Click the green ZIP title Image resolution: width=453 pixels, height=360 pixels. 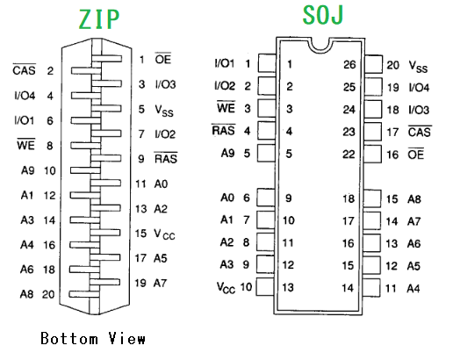tap(99, 19)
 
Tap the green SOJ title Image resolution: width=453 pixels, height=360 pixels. tap(323, 15)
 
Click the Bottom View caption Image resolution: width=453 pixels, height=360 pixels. tap(93, 339)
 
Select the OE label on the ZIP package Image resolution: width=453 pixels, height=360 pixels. tap(163, 59)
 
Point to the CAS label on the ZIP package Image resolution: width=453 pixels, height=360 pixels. tap(25, 69)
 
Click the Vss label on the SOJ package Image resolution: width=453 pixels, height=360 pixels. tap(418, 67)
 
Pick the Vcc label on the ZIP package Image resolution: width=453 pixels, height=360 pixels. tap(164, 234)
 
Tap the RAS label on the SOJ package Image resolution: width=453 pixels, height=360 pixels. tap(224, 130)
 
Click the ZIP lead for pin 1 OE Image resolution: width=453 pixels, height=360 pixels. tap(107, 59)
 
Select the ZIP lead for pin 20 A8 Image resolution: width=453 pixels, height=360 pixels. tap(84, 294)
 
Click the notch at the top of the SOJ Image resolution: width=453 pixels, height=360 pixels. tap(320, 47)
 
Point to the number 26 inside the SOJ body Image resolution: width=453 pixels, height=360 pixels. tap(349, 64)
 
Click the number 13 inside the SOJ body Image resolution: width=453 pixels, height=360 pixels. tap(288, 287)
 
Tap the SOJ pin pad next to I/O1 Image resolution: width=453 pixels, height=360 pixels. tap(267, 63)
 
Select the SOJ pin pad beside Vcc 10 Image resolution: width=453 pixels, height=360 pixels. tap(265, 286)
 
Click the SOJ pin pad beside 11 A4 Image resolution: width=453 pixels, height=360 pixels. tap(371, 288)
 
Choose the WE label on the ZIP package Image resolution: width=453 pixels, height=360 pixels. tap(26, 145)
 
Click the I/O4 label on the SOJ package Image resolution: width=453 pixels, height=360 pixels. tap(419, 88)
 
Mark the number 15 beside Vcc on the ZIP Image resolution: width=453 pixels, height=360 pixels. tap(140, 234)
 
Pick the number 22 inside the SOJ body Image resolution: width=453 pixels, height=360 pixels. tap(349, 155)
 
